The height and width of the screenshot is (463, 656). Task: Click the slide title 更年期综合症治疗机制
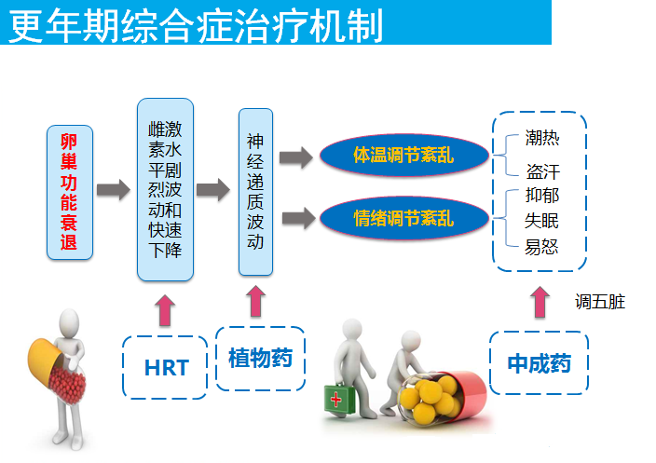(x=195, y=24)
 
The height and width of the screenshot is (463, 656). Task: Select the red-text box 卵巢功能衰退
(x=70, y=193)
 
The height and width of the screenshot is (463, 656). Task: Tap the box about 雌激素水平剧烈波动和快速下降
(x=165, y=189)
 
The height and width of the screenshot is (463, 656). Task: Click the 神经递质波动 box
(x=255, y=192)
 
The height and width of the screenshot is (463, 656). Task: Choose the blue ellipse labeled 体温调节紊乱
(x=404, y=156)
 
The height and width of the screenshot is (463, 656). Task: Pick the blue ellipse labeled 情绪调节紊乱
(x=404, y=218)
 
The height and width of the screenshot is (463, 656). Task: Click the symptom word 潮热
(x=542, y=138)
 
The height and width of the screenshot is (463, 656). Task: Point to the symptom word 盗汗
(x=543, y=171)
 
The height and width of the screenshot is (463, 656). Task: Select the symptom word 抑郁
(x=542, y=196)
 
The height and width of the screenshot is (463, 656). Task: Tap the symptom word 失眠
(x=541, y=221)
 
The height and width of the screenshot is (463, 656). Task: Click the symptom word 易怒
(x=541, y=247)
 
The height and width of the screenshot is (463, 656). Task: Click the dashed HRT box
(x=165, y=367)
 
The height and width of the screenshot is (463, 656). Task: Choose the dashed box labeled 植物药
(x=260, y=359)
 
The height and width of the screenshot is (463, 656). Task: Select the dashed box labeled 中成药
(x=539, y=363)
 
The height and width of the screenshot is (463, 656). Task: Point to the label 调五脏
(x=600, y=302)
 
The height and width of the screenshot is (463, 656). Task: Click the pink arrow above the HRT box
(x=165, y=310)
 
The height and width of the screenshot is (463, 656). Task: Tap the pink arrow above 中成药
(x=540, y=302)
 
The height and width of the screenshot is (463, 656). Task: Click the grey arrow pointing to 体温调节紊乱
(x=296, y=157)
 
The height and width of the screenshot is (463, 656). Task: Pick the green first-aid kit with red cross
(x=339, y=399)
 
